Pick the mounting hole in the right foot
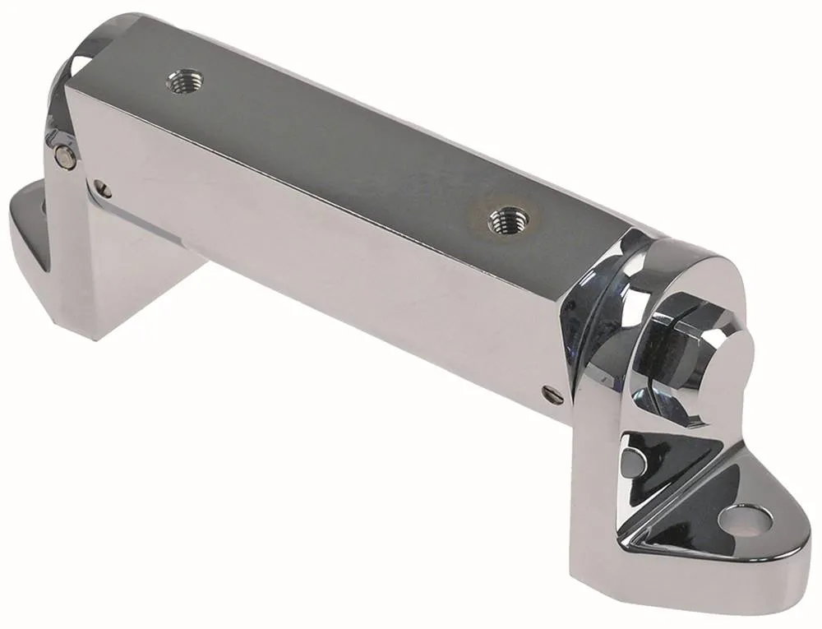point(745,517)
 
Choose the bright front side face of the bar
point(329,271)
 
